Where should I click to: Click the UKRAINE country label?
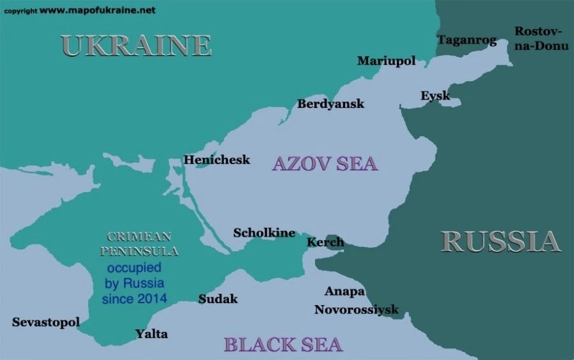pyautogui.click(x=136, y=45)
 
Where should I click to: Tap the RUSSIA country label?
pyautogui.click(x=501, y=241)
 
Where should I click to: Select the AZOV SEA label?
pyautogui.click(x=325, y=163)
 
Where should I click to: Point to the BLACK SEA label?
pyautogui.click(x=283, y=344)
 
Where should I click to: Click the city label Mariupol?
pyautogui.click(x=386, y=61)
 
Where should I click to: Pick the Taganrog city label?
pyautogui.click(x=466, y=40)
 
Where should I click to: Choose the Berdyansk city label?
pyautogui.click(x=330, y=103)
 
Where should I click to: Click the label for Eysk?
pyautogui.click(x=435, y=96)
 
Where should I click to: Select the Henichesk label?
pyautogui.click(x=217, y=160)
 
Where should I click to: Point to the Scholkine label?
pyautogui.click(x=264, y=232)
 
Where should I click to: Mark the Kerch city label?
pyautogui.click(x=325, y=242)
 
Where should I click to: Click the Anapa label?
pyautogui.click(x=344, y=292)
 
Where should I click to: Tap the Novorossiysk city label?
pyautogui.click(x=356, y=310)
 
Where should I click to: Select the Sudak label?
pyautogui.click(x=217, y=299)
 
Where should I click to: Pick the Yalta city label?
pyautogui.click(x=152, y=333)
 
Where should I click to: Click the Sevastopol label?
pyautogui.click(x=46, y=322)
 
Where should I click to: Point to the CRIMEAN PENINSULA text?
pyautogui.click(x=143, y=243)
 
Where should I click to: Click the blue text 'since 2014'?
pyautogui.click(x=135, y=298)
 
